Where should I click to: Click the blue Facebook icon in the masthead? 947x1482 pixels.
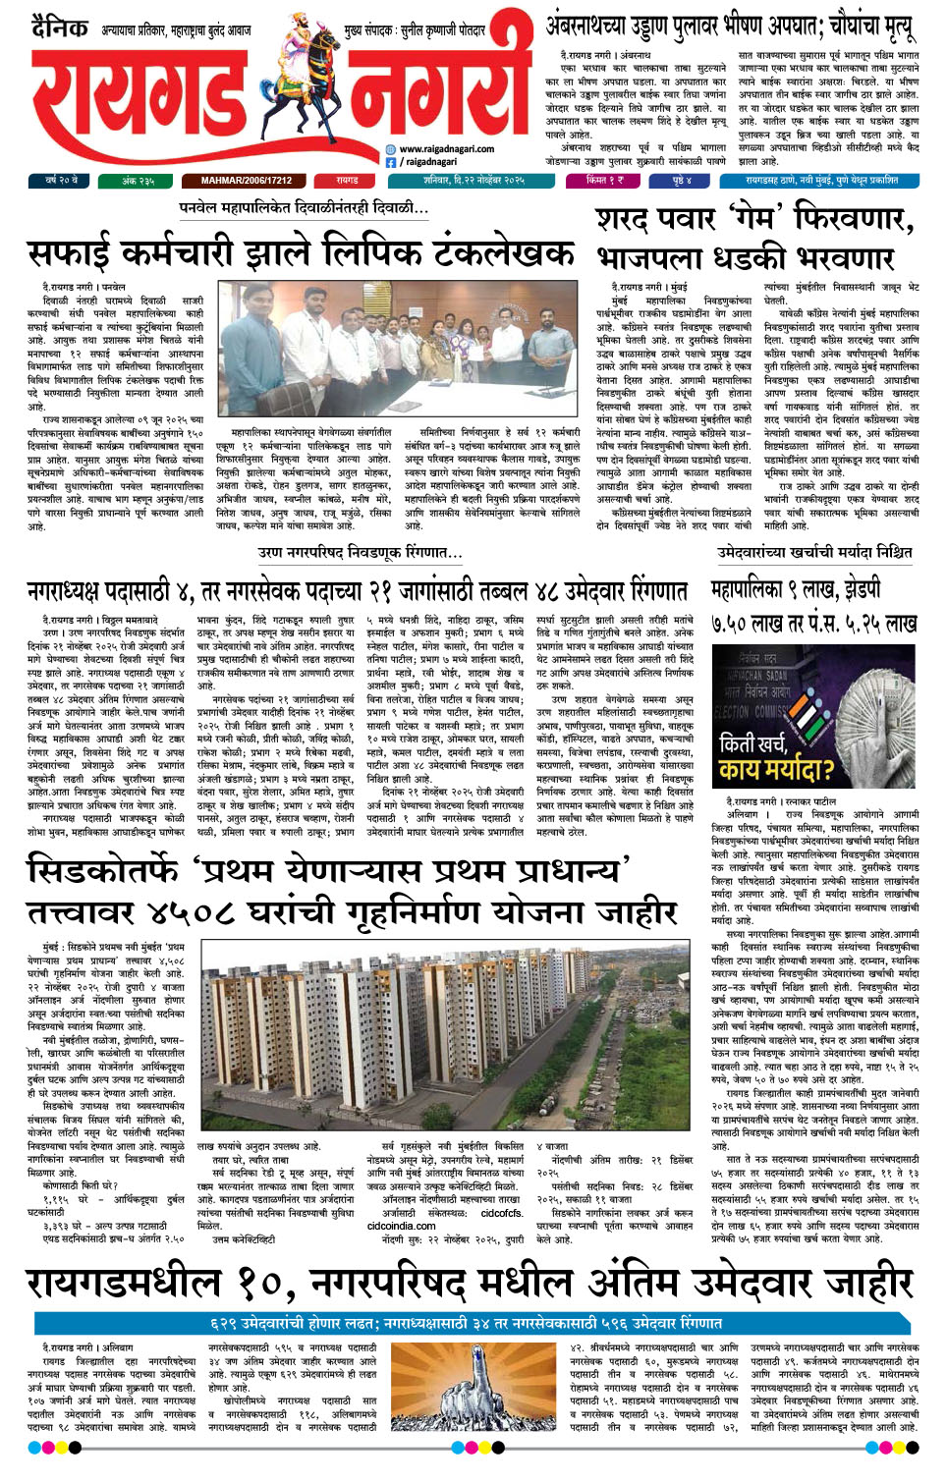pos(390,162)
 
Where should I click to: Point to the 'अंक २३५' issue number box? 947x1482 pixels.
pos(139,181)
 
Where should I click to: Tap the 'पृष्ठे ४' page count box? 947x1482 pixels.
pos(682,181)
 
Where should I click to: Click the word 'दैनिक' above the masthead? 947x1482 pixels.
pos(59,28)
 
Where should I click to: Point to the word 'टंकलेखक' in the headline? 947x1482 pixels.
pos(508,252)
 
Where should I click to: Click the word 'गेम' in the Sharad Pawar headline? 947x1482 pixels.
pos(752,217)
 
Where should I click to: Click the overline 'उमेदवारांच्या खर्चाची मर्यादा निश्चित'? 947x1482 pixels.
pos(813,553)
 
